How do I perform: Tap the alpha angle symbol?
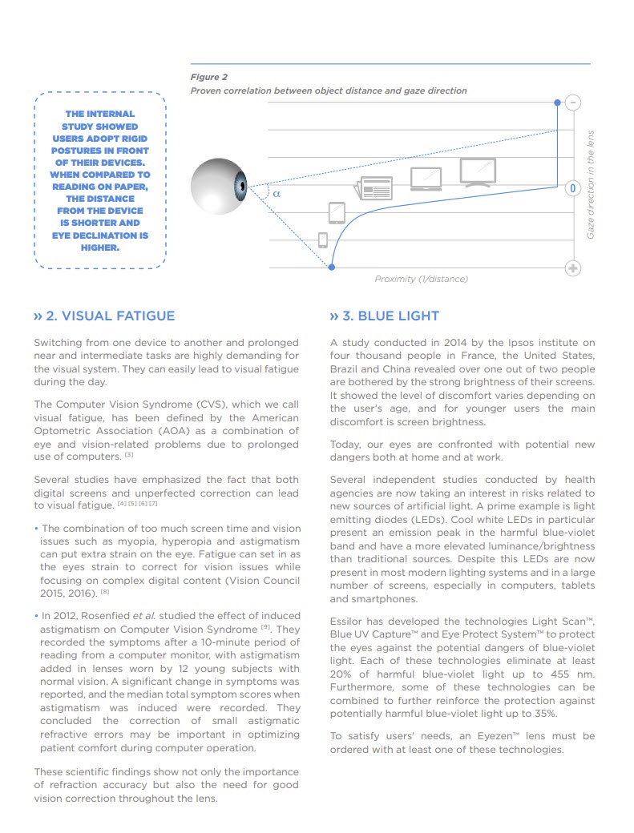277,193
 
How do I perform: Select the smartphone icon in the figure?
323,239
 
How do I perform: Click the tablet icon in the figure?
337,212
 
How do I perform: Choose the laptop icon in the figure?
426,179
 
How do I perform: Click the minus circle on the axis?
572,103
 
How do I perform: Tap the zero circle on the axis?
572,188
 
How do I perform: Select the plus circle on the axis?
572,268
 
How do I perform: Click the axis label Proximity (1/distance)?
421,279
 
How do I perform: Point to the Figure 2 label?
208,77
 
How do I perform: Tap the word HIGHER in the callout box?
99,247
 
